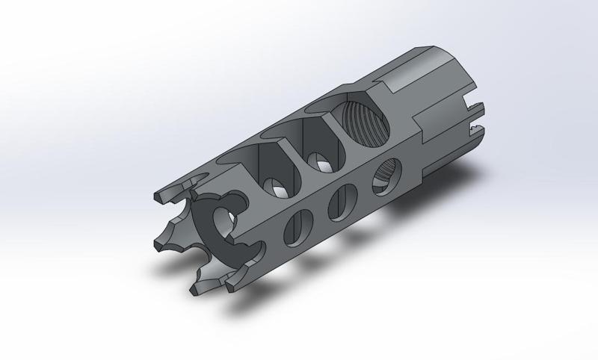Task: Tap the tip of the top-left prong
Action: click(158, 197)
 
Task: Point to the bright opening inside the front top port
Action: click(276, 187)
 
